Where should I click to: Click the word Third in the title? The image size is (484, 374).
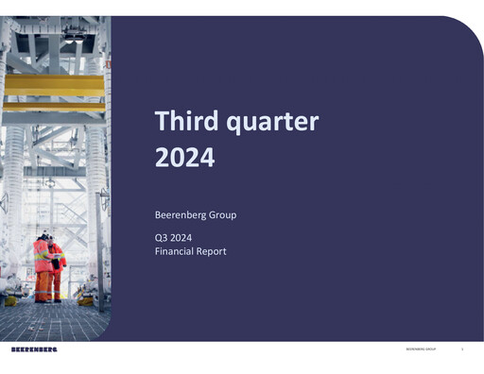181,122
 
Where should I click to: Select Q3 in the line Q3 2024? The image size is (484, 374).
162,238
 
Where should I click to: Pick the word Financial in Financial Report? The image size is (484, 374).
175,252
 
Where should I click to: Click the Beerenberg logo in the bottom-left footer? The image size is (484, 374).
34,349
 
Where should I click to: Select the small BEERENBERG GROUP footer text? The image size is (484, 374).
420,349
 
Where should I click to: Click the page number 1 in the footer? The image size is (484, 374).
462,349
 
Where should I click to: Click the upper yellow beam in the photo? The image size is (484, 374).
53,84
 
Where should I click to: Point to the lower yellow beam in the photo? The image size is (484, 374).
53,108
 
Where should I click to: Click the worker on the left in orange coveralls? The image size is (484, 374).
43,264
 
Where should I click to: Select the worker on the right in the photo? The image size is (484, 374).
58,269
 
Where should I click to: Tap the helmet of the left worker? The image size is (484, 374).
43,235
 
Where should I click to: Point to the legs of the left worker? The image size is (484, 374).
43,286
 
